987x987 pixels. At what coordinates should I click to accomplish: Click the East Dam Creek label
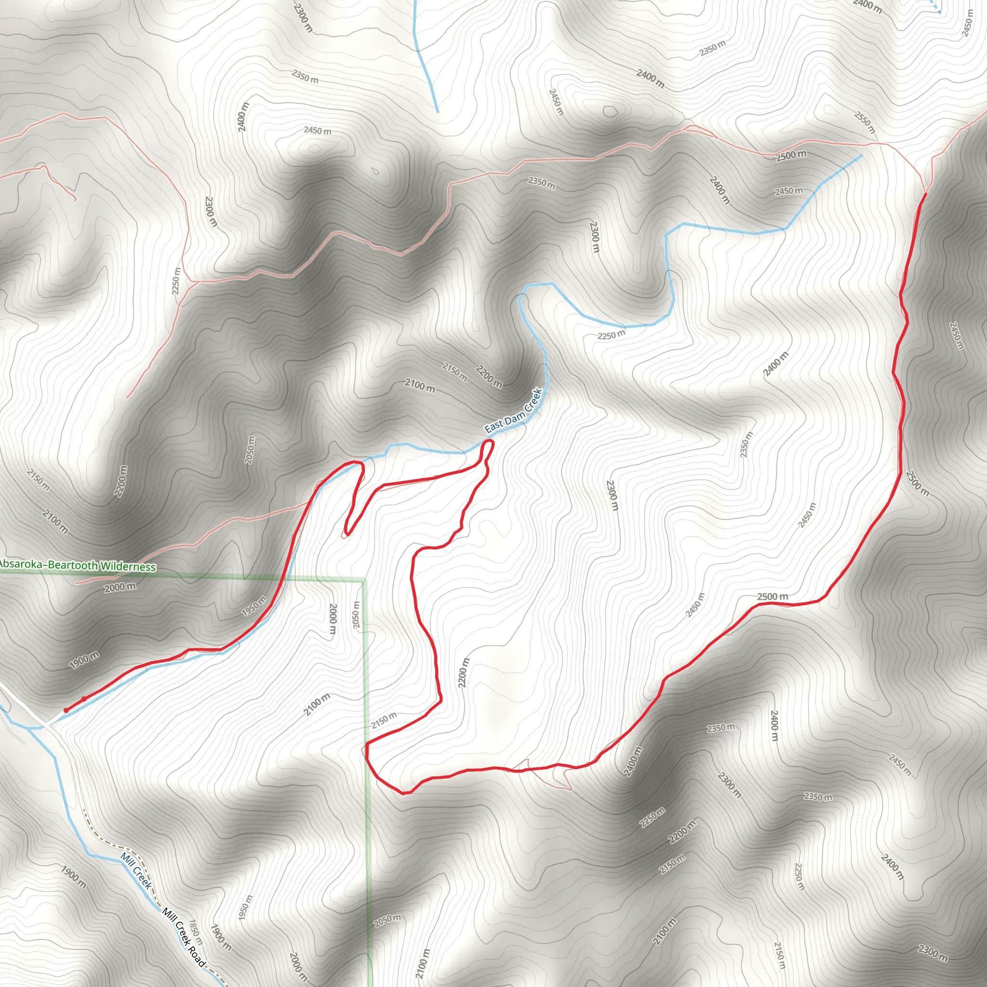[x=513, y=411]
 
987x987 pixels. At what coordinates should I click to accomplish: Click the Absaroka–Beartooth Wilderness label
[x=78, y=565]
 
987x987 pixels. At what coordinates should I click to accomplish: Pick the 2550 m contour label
[x=865, y=123]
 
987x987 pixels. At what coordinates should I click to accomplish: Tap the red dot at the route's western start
[x=66, y=710]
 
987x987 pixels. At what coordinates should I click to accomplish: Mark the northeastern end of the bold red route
[x=926, y=194]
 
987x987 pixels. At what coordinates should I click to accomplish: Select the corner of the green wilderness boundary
[x=364, y=580]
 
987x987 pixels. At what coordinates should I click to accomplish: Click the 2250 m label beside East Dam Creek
[x=611, y=335]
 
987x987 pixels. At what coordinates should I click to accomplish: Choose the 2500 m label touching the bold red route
[x=773, y=597]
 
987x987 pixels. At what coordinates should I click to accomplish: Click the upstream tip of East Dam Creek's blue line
[x=861, y=155]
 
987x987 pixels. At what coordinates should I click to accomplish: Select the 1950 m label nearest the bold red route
[x=254, y=606]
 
